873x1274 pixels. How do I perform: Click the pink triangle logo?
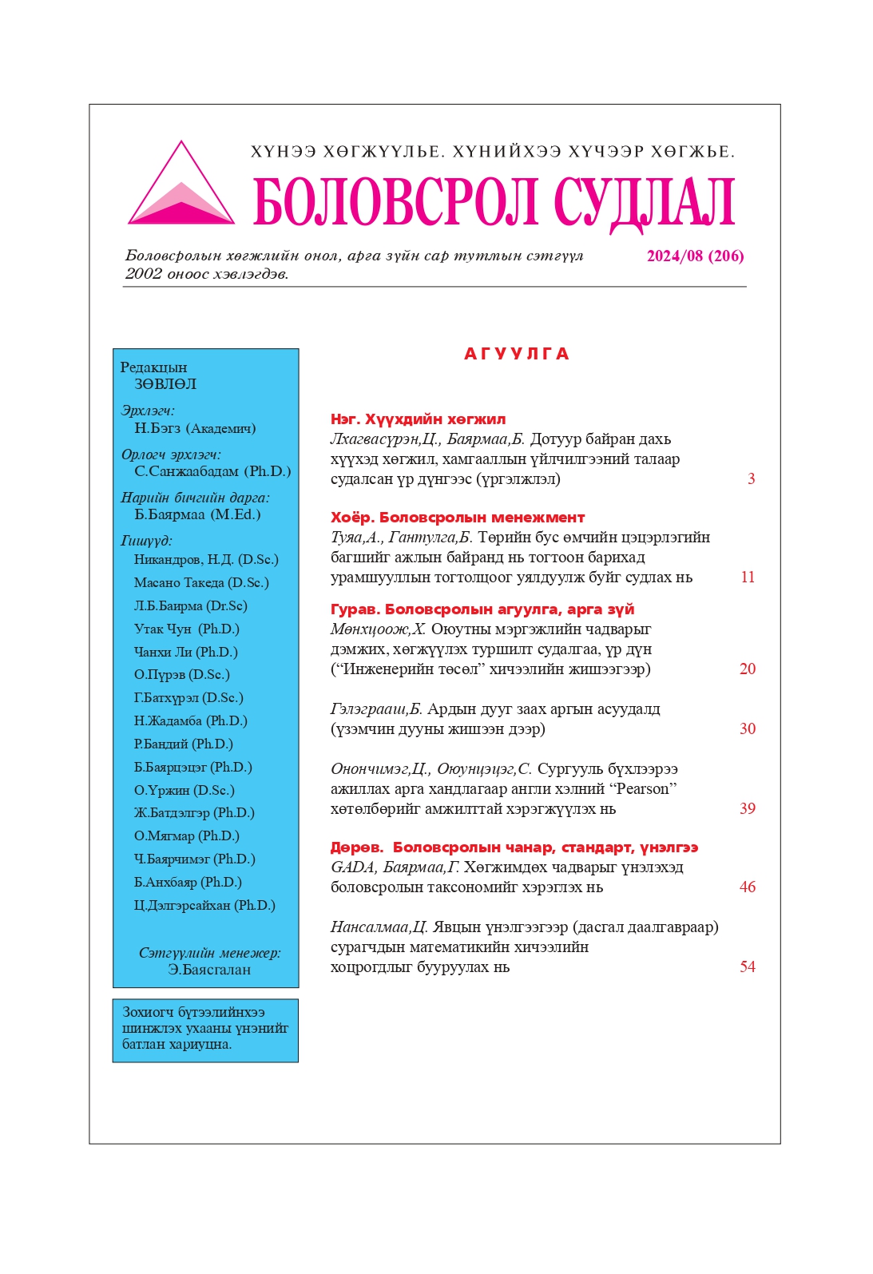tap(181, 189)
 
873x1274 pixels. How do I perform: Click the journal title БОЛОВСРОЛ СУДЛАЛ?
tap(494, 202)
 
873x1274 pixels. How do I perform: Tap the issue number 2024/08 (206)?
tap(695, 256)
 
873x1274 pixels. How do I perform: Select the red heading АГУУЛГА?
tap(517, 354)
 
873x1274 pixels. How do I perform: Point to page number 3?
tap(751, 479)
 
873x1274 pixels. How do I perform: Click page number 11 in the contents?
tap(748, 577)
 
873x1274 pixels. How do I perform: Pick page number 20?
tap(748, 669)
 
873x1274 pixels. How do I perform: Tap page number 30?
tap(748, 729)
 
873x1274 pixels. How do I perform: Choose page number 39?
tap(748, 809)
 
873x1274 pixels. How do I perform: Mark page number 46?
tap(748, 887)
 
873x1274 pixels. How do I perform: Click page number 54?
tap(748, 967)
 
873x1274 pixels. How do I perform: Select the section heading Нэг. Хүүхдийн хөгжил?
tap(418, 419)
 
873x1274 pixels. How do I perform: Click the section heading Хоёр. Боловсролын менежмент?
tap(458, 518)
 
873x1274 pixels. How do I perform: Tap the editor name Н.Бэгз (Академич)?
tap(195, 428)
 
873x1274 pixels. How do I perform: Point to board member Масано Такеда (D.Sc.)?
tap(201, 583)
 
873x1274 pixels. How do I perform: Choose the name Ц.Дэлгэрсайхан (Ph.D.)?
tap(204, 906)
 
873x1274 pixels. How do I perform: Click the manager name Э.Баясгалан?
tap(209, 970)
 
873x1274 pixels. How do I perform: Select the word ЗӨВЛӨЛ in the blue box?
tap(165, 384)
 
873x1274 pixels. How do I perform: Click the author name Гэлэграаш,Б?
tap(376, 709)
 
